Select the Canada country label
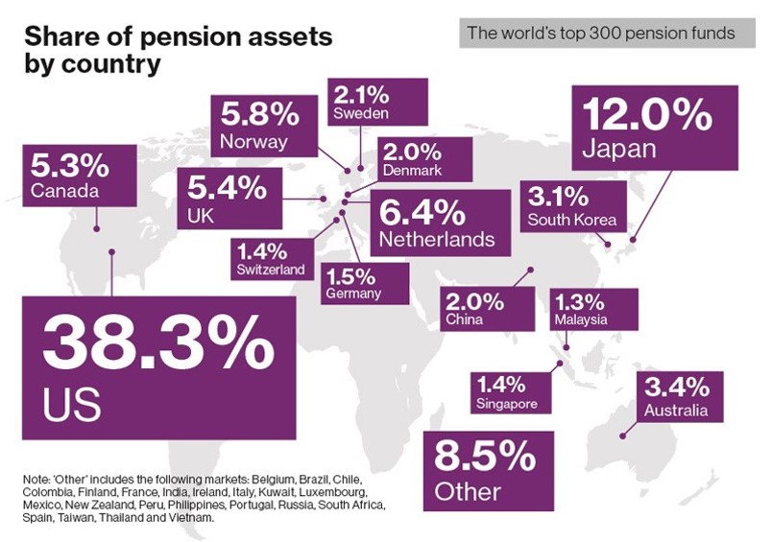[x=64, y=191]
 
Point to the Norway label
[x=253, y=142]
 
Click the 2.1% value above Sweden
[x=361, y=94]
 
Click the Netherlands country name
[x=438, y=237]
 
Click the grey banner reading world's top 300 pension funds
[x=600, y=34]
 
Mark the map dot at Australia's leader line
[x=623, y=436]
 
